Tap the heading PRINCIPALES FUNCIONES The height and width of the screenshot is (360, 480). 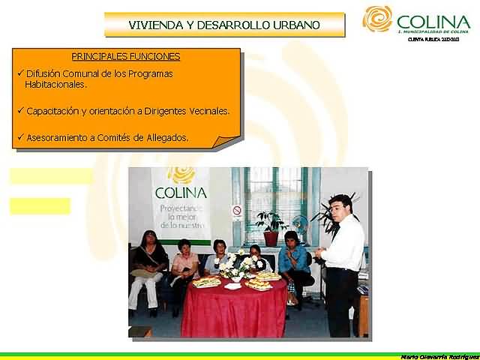pos(126,56)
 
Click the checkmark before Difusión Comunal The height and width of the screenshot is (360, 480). pos(20,73)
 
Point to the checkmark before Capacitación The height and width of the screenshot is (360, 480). pos(20,110)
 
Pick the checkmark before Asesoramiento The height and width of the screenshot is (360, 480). pos(20,137)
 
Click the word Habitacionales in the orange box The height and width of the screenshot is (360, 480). pos(55,85)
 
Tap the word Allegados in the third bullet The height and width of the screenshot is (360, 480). pos(167,138)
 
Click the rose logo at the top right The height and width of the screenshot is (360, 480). pos(378,19)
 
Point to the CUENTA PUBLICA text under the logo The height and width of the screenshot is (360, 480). pos(438,39)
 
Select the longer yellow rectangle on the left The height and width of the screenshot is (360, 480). pos(51,176)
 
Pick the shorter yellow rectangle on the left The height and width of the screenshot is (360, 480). pos(40,205)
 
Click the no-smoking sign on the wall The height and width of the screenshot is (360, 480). pos(237,210)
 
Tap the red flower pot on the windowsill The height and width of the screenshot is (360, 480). pos(271,238)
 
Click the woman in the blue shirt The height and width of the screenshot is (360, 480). pos(293,259)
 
